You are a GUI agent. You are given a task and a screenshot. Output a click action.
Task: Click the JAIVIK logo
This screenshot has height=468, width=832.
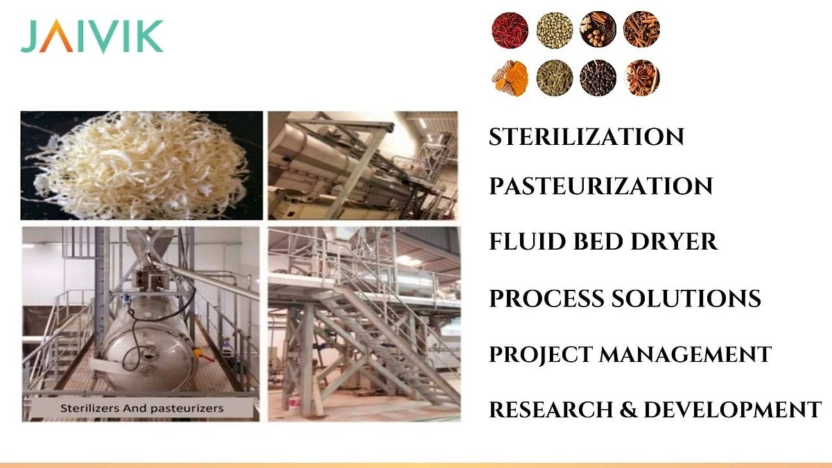[92, 36]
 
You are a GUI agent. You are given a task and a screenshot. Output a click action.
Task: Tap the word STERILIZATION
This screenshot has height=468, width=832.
[586, 137]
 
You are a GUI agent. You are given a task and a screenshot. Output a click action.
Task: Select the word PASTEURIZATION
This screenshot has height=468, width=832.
[600, 186]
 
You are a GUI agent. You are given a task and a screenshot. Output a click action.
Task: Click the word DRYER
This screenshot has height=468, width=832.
[674, 241]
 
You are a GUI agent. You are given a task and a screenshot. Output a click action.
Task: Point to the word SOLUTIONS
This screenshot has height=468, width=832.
[686, 298]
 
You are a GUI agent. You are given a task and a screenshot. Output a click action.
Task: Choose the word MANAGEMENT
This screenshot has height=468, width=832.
[685, 354]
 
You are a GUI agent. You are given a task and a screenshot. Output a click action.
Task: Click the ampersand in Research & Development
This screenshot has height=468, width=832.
[628, 410]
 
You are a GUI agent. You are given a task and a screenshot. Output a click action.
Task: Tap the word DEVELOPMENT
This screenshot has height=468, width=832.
[732, 410]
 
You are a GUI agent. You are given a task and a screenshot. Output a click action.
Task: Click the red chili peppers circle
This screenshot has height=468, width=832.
[510, 30]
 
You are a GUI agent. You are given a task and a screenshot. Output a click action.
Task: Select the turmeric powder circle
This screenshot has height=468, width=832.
[510, 78]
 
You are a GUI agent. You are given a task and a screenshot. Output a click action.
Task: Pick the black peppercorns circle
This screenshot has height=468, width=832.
[598, 78]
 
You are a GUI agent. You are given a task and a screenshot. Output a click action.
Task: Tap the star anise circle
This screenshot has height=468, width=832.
[641, 78]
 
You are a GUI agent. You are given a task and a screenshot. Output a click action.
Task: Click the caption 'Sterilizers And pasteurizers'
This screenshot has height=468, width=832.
[142, 408]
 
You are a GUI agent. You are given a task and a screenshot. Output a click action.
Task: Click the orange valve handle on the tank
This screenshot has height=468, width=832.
[204, 356]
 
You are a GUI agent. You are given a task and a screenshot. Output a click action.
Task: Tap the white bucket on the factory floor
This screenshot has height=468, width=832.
[294, 405]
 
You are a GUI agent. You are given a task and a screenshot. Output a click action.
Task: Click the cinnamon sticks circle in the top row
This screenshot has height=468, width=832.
[641, 30]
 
